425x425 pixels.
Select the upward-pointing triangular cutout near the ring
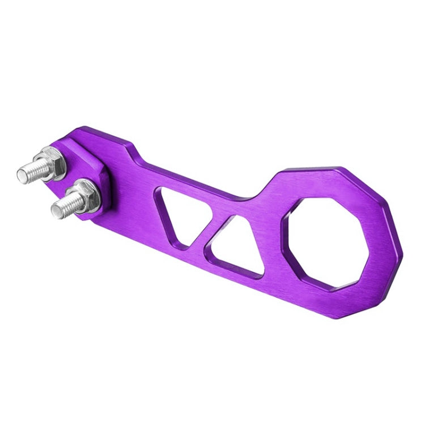[x=238, y=246]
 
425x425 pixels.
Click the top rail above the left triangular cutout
[x=187, y=178]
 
